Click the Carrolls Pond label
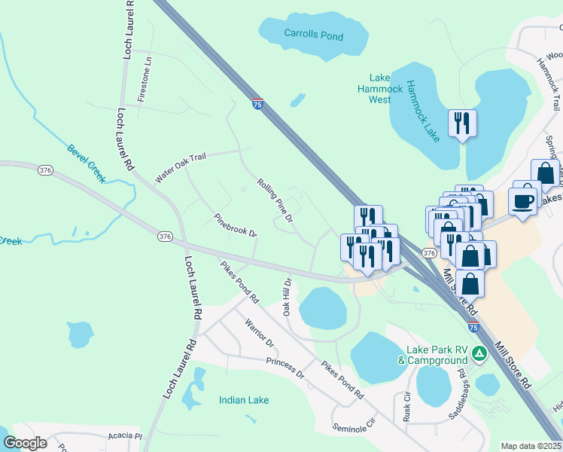(x=313, y=35)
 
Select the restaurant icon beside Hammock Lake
(x=461, y=123)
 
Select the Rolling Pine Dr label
(x=274, y=201)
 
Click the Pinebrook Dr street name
(x=235, y=224)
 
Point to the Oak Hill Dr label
(x=287, y=296)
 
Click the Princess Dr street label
(x=285, y=368)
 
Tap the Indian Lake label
(x=244, y=400)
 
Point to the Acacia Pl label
(x=124, y=435)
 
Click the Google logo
(x=25, y=443)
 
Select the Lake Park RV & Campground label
(x=437, y=355)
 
